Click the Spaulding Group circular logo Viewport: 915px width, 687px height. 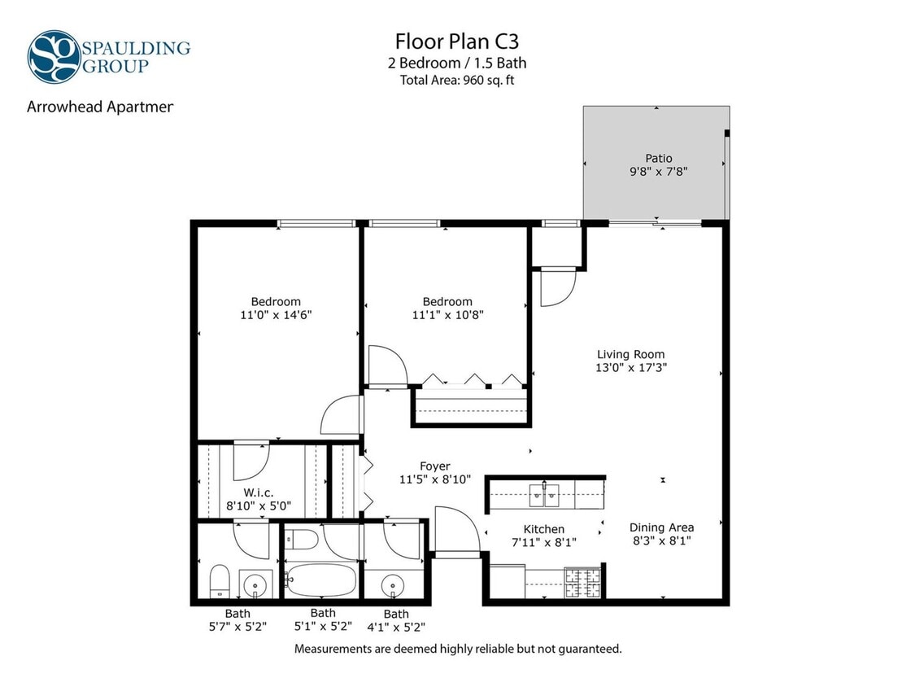pos(54,56)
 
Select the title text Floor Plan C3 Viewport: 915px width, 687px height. pos(456,41)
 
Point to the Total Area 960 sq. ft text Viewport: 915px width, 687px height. pos(456,80)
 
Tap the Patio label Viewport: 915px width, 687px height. pos(659,158)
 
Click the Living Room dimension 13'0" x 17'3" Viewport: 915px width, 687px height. pos(630,367)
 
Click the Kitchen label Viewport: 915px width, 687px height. pos(543,529)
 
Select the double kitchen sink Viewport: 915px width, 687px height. pos(544,492)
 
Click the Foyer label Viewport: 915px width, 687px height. pos(435,466)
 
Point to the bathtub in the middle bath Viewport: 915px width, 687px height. pos(321,580)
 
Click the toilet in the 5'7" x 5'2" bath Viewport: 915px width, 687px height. pos(219,580)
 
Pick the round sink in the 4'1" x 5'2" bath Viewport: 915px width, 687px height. pos(394,584)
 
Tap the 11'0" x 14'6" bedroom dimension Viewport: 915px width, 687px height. pos(275,315)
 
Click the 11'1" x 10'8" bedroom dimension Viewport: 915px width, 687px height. pos(447,315)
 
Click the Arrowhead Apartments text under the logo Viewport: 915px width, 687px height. pos(100,107)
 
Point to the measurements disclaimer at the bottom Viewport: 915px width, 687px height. pos(458,649)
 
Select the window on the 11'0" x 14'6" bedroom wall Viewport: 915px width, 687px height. pos(316,223)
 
